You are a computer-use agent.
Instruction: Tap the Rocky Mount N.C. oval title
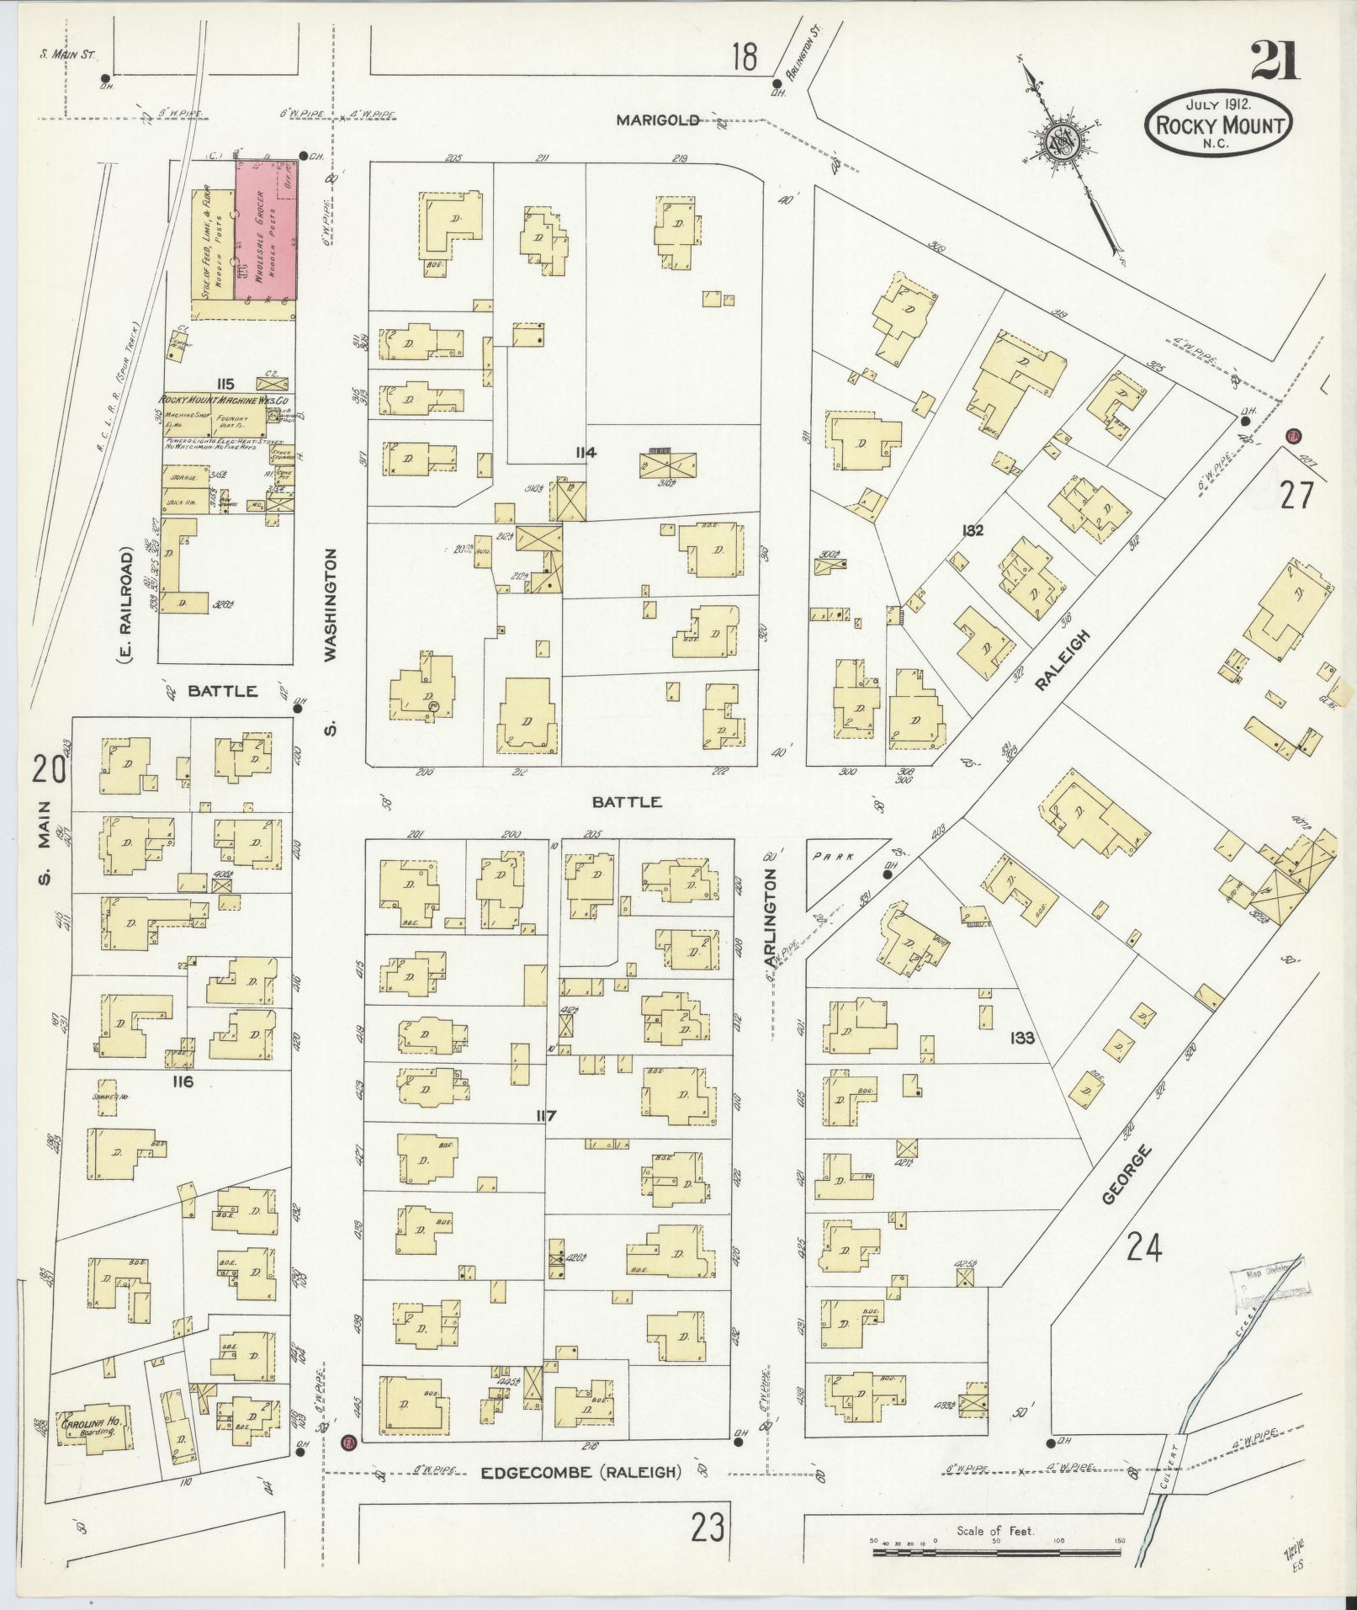[x=1219, y=124]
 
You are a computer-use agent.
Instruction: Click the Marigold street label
[x=657, y=120]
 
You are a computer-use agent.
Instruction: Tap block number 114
[x=586, y=453]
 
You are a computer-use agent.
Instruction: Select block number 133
[x=1022, y=1039]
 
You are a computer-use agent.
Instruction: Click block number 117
[x=547, y=1116]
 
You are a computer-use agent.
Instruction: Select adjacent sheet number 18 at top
[x=744, y=58]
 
